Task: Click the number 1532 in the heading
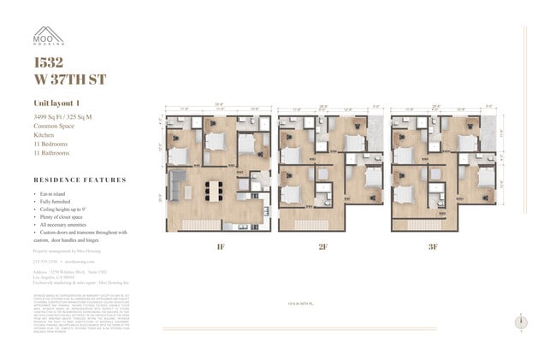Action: [x=47, y=62]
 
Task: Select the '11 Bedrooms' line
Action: [x=50, y=144]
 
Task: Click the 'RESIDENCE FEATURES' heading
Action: [x=80, y=180]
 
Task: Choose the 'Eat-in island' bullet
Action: [x=57, y=197]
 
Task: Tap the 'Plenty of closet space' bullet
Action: [x=67, y=218]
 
